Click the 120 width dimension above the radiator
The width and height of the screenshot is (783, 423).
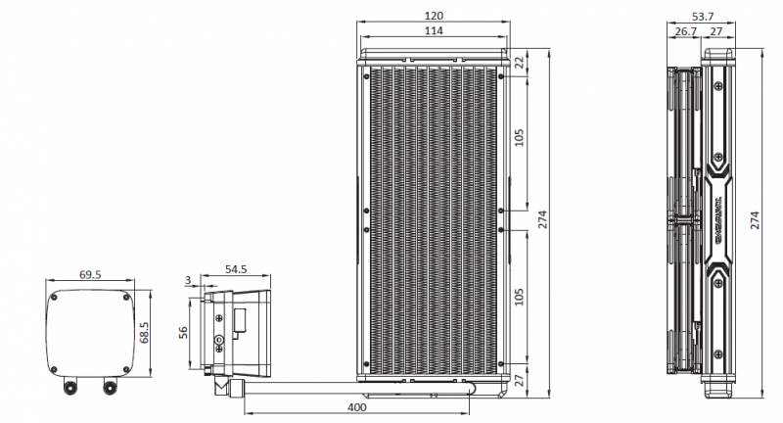click(434, 16)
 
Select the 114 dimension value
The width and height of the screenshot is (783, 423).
click(434, 31)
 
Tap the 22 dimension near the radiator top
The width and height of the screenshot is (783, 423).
click(519, 62)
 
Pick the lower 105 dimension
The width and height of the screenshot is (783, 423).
click(519, 296)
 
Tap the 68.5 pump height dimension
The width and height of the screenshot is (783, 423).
click(146, 333)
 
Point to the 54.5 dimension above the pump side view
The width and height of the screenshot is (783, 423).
click(236, 268)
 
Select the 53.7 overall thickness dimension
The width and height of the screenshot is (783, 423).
click(703, 16)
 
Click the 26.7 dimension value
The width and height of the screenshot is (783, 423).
click(685, 31)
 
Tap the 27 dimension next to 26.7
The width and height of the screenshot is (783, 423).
click(715, 31)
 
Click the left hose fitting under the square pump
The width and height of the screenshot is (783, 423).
click(71, 388)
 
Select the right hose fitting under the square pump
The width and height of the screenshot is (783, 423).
click(110, 388)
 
